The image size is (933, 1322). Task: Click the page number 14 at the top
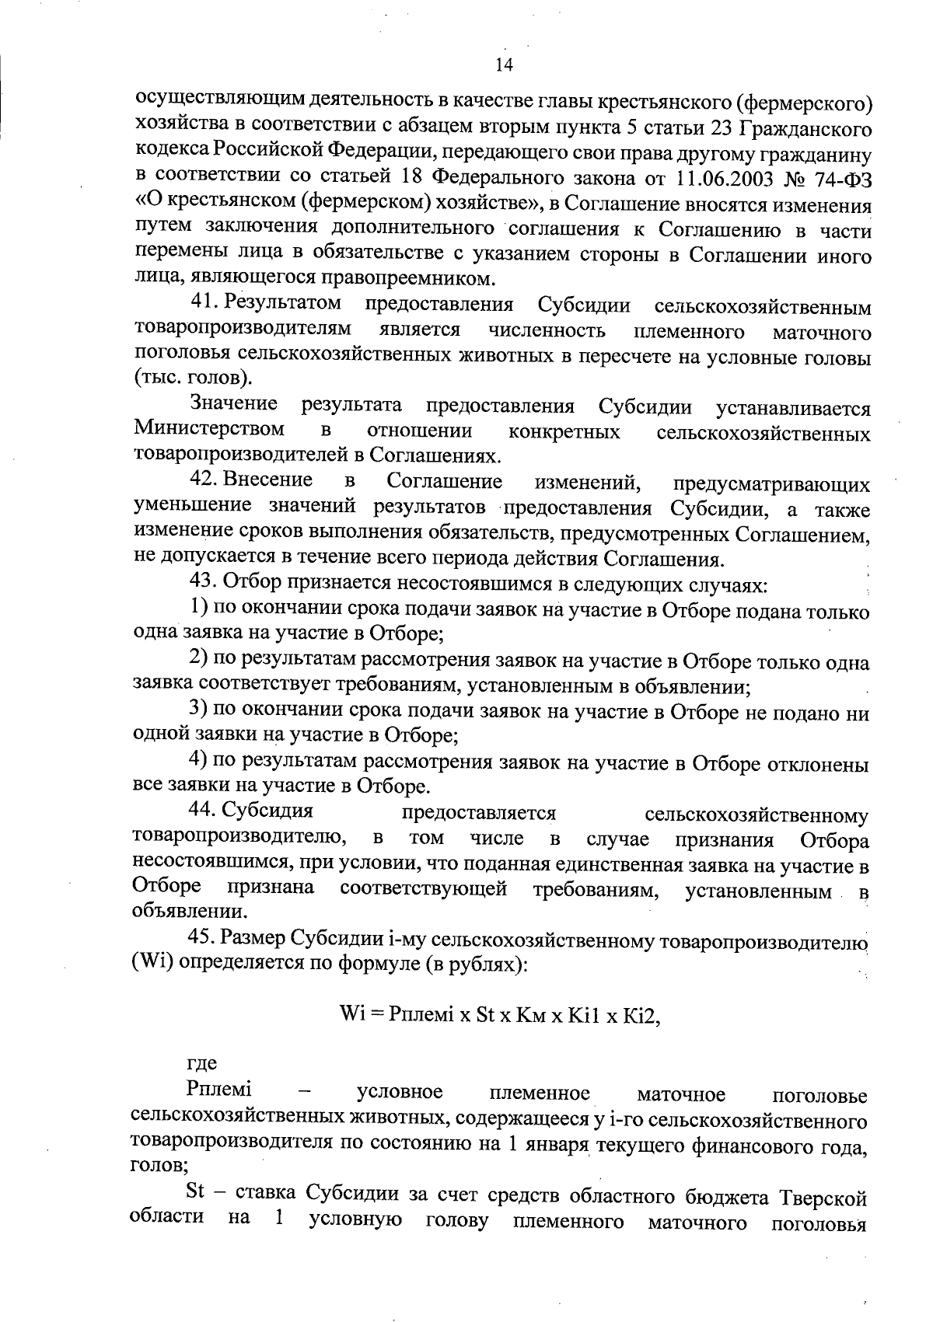[503, 65]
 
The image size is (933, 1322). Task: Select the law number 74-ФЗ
[835, 178]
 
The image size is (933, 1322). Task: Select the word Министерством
[209, 430]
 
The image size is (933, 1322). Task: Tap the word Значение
[235, 405]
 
